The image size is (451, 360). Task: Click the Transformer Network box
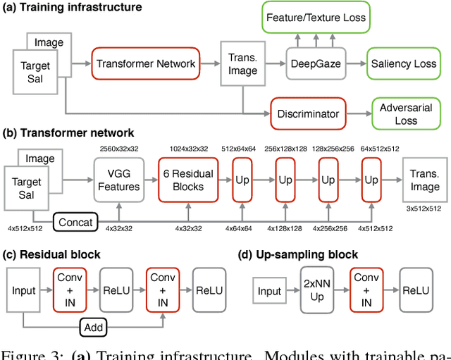[x=146, y=64]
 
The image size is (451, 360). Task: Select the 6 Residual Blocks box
[x=189, y=180]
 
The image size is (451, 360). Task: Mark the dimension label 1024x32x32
[x=190, y=149]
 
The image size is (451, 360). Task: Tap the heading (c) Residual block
[x=53, y=254]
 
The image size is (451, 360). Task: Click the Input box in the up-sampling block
[x=269, y=291]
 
